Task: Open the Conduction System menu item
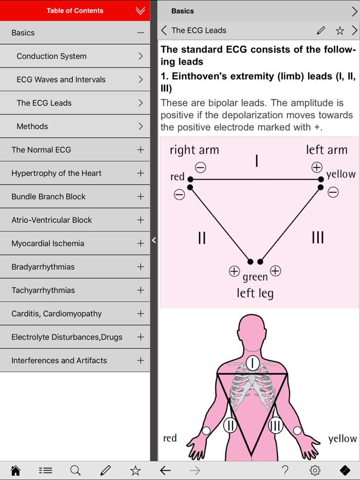pyautogui.click(x=51, y=56)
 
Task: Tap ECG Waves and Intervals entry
pyautogui.click(x=61, y=80)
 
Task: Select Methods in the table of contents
pyautogui.click(x=32, y=126)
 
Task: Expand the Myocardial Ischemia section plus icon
pyautogui.click(x=140, y=243)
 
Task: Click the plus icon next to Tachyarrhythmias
pyautogui.click(x=140, y=290)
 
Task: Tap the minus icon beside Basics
pyautogui.click(x=140, y=33)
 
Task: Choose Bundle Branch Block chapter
pyautogui.click(x=48, y=196)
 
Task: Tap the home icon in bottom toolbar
pyautogui.click(x=15, y=470)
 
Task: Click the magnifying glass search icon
pyautogui.click(x=76, y=470)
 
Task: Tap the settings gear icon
pyautogui.click(x=315, y=470)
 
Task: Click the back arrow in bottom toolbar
pyautogui.click(x=165, y=470)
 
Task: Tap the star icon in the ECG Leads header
pyautogui.click(x=339, y=31)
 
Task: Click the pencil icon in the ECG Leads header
pyautogui.click(x=321, y=31)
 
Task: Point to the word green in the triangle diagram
pyautogui.click(x=255, y=277)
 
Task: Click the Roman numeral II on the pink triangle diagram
pyautogui.click(x=202, y=237)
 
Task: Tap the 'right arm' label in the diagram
pyautogui.click(x=194, y=150)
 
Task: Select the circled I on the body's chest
pyautogui.click(x=253, y=363)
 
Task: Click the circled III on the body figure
pyautogui.click(x=276, y=425)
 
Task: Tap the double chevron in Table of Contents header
pyautogui.click(x=140, y=11)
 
